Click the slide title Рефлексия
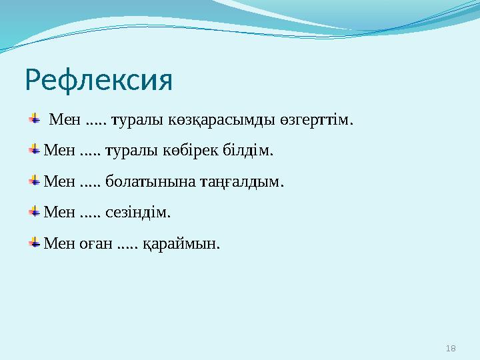click(99, 81)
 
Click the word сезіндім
click(138, 213)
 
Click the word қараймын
click(181, 245)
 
